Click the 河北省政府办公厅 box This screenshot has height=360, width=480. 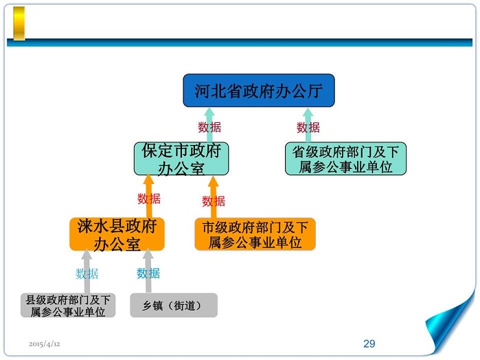click(x=258, y=91)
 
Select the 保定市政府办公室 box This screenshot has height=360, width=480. click(x=181, y=159)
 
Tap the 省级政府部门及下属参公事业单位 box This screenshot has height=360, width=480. click(x=345, y=159)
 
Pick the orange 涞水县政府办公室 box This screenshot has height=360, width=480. click(x=117, y=234)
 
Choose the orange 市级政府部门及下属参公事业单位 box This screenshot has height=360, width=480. click(x=255, y=234)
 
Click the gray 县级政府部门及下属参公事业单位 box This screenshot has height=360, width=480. click(x=68, y=305)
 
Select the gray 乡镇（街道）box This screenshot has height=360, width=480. click(x=173, y=305)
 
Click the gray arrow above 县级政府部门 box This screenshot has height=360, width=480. click(x=87, y=272)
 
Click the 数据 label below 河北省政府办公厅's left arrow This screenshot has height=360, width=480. click(x=209, y=127)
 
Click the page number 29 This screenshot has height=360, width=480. click(x=369, y=344)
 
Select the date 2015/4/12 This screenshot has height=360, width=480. click(x=45, y=343)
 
